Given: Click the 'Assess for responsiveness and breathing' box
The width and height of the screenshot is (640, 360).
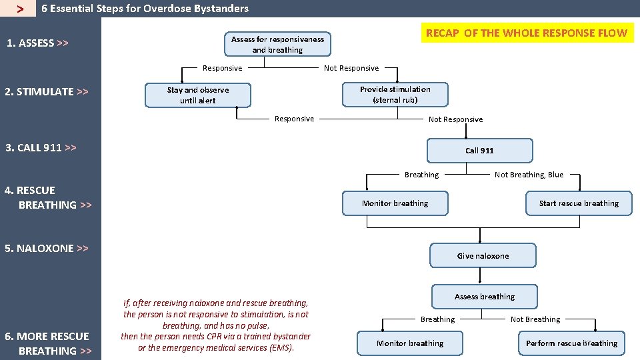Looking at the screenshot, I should (x=277, y=45).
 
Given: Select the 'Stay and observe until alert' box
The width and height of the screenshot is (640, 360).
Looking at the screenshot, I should (x=197, y=95).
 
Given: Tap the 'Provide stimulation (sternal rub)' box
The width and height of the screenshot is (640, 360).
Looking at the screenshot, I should (x=395, y=95).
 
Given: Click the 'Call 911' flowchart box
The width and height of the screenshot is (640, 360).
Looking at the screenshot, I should (x=479, y=151).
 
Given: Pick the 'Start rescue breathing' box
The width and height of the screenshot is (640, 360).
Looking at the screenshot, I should (x=579, y=203).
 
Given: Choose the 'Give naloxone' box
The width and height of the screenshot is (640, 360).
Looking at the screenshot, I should (x=483, y=256).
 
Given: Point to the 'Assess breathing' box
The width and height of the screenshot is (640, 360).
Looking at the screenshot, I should (x=485, y=297).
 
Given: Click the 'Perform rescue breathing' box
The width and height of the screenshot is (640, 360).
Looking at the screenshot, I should (x=571, y=343).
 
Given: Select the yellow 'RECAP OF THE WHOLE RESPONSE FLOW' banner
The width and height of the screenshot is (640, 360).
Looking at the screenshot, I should (x=526, y=33).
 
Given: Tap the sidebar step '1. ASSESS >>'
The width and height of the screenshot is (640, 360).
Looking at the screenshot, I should (x=37, y=43).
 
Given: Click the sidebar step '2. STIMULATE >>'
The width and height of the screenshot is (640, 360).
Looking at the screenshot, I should (x=47, y=92).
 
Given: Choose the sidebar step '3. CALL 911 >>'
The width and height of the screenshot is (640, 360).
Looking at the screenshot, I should (x=41, y=147).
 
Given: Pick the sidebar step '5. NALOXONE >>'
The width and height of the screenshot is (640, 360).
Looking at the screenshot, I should (x=47, y=248).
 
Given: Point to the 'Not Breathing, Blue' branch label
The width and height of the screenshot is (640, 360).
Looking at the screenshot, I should (x=529, y=175).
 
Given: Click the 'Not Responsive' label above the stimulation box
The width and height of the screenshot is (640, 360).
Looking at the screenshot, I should (x=351, y=68).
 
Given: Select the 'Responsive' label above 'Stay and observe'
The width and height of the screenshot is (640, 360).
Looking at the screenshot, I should (x=223, y=68).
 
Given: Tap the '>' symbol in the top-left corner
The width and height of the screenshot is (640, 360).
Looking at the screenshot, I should (x=21, y=9).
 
